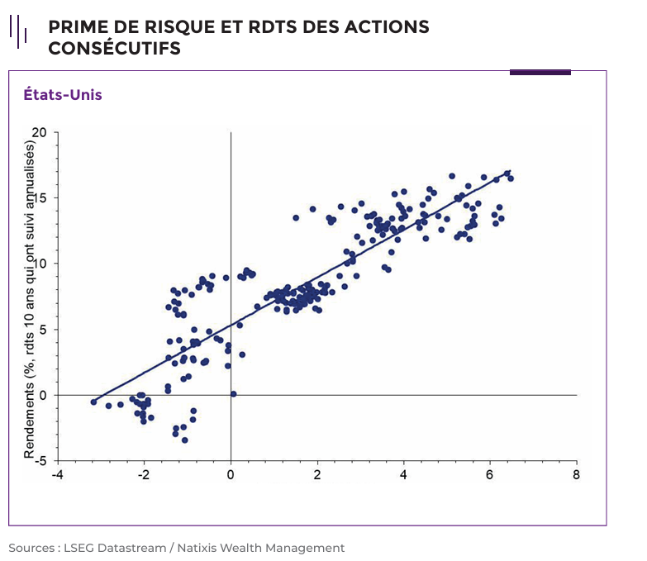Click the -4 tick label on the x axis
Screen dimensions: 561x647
(x=56, y=475)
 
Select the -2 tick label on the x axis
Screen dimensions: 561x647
(x=143, y=475)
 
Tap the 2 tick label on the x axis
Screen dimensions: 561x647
(x=317, y=475)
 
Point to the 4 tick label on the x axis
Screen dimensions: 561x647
(x=403, y=475)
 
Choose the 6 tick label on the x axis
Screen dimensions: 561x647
(x=490, y=475)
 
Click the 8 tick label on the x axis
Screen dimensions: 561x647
(x=577, y=475)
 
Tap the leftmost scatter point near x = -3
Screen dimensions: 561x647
(x=93, y=402)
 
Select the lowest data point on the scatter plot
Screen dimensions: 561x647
(x=185, y=440)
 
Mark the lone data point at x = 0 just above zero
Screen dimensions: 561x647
(x=234, y=394)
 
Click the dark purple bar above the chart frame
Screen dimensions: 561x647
(x=540, y=73)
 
